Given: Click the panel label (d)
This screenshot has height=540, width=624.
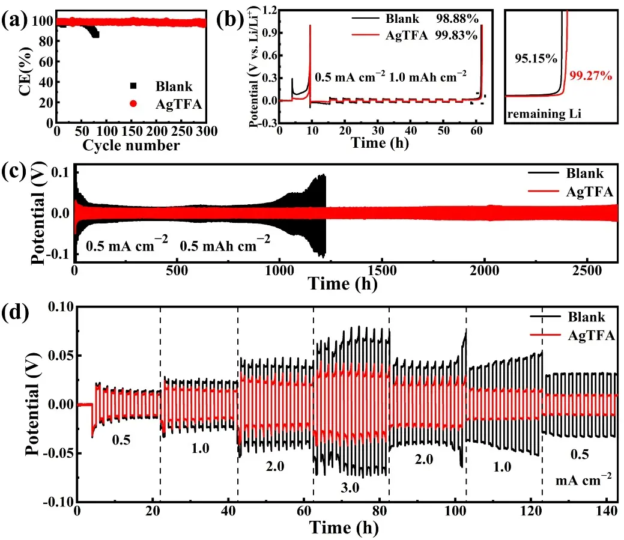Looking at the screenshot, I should point(13,314).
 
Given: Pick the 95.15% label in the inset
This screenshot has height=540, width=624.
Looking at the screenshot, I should point(533,58).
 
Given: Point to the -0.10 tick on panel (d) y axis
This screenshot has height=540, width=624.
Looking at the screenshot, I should point(58,501).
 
